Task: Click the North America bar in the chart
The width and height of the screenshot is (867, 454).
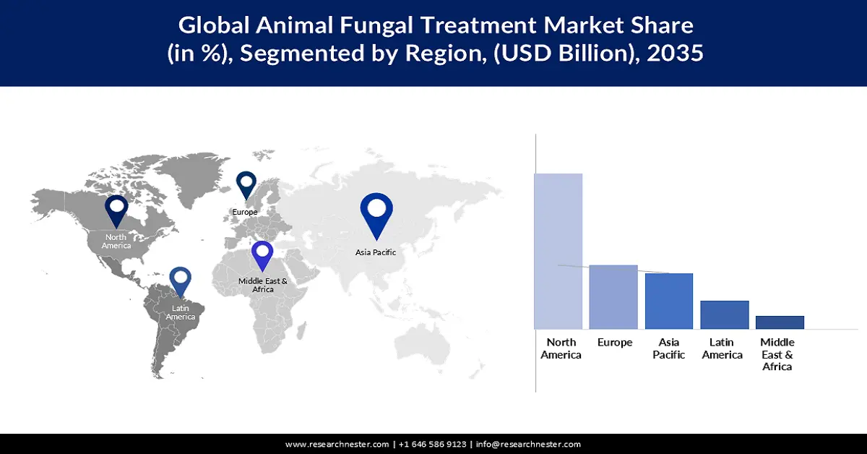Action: point(558,251)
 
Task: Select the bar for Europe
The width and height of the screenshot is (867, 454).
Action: point(613,296)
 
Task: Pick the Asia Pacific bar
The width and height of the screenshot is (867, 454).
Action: point(669,301)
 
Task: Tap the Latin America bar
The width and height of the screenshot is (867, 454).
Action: point(725,314)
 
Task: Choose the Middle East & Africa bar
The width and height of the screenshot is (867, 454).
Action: point(780,322)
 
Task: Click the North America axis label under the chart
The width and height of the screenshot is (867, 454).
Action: point(561,348)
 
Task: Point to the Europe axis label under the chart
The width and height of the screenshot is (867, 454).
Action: point(615,343)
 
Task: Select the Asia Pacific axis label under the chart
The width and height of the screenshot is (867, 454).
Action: point(668,348)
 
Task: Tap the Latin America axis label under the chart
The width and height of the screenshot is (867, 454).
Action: point(722,348)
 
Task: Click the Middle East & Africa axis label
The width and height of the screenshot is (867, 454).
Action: point(777,354)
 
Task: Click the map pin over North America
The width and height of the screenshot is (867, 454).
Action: point(116,210)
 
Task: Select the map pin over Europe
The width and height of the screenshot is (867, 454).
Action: point(246,184)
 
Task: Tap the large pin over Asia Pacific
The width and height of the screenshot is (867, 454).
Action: point(376,213)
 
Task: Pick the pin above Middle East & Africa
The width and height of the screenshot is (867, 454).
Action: point(262,254)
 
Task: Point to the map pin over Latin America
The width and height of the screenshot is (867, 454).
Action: point(180,281)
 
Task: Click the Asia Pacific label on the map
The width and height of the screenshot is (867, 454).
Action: point(376,252)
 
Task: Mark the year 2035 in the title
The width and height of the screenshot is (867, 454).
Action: point(676,53)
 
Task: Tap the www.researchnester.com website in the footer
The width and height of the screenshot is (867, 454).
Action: point(337,444)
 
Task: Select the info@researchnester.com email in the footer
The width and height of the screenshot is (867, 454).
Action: point(528,444)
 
